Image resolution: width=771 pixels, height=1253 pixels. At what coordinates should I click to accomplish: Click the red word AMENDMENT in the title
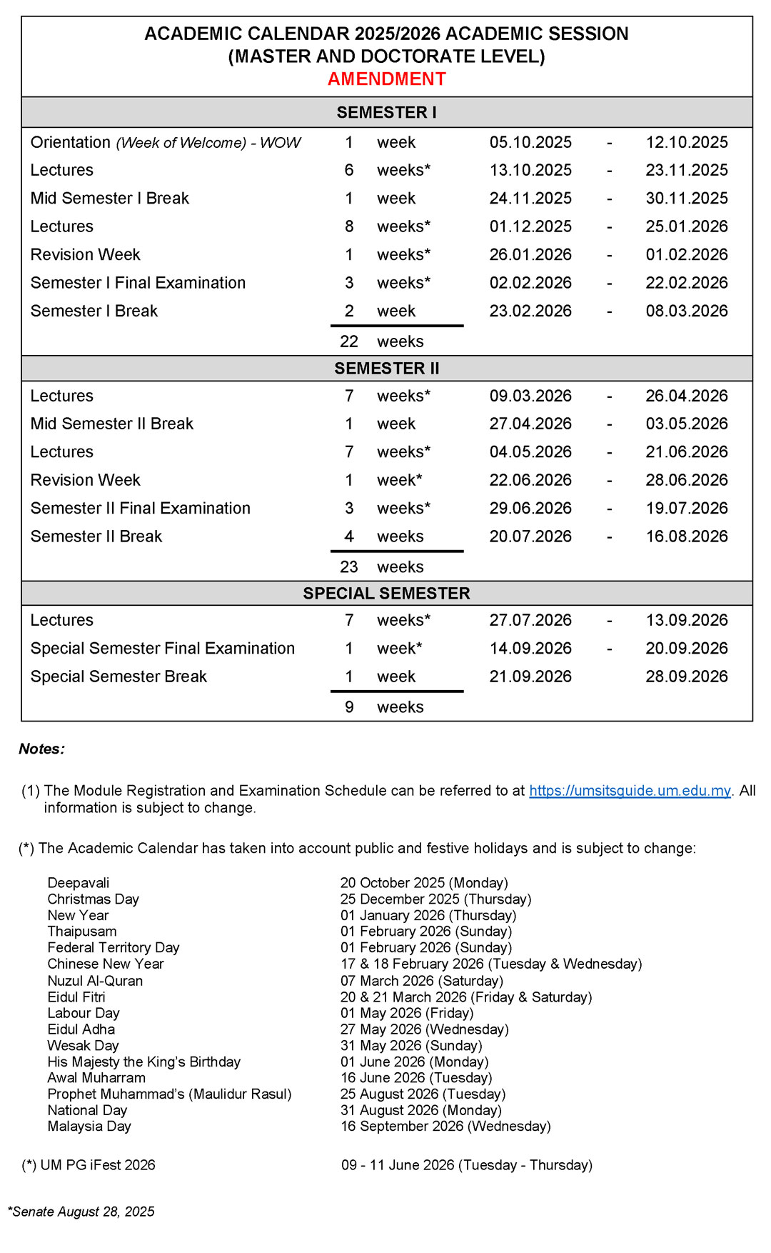tap(386, 79)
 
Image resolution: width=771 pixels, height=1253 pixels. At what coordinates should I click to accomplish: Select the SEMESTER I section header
tap(386, 112)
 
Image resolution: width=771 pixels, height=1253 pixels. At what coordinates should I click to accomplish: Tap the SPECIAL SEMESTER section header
tap(386, 594)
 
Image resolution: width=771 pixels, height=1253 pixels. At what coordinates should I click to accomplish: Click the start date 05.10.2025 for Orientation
tap(530, 142)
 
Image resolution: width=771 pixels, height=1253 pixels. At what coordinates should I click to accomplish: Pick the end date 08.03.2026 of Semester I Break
tap(687, 311)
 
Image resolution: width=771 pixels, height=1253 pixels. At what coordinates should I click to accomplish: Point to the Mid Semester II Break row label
tap(112, 424)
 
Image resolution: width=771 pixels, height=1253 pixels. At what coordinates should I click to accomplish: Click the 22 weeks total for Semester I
tap(381, 341)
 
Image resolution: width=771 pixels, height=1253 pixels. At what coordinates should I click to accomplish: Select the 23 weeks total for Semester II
tap(381, 566)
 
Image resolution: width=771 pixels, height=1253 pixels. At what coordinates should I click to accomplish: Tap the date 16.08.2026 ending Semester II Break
tap(687, 536)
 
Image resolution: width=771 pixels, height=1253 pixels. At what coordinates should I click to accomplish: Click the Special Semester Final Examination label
tap(163, 649)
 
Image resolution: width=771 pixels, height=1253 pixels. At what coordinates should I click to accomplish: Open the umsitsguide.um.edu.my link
tap(630, 791)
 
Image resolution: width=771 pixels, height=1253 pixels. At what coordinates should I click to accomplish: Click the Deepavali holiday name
tap(79, 883)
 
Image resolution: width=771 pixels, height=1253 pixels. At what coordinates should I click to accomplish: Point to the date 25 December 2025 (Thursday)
tap(435, 899)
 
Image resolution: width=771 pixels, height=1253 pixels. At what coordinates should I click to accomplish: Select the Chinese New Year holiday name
tap(106, 964)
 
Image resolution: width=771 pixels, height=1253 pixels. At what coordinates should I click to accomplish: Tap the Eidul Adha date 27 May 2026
tap(424, 1029)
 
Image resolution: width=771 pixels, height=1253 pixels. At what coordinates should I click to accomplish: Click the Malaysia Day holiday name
tap(89, 1127)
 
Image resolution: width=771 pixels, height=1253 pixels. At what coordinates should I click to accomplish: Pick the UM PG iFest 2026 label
tap(97, 1165)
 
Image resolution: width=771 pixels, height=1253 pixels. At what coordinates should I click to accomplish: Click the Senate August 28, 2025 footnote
tap(81, 1212)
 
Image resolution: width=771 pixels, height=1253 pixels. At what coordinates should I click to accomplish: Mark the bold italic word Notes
tap(41, 749)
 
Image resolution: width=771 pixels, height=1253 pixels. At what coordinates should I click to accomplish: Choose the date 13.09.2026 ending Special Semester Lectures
tap(687, 620)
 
